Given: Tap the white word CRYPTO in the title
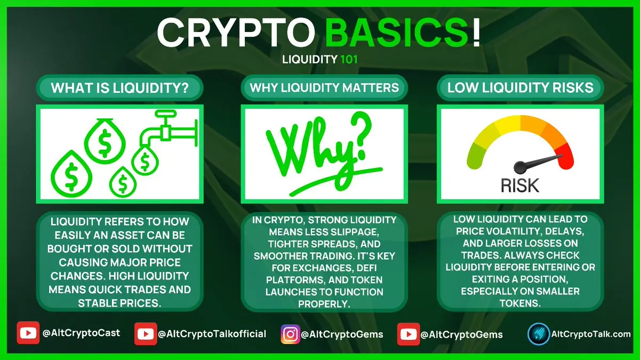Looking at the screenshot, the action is [236, 32].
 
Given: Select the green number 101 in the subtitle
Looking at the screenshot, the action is [349, 59].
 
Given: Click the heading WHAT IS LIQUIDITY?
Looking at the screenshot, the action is [119, 87].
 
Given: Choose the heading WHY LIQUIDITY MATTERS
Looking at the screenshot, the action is [324, 87].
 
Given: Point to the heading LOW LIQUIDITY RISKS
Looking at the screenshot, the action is [521, 87].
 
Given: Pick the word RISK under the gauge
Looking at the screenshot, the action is [520, 186].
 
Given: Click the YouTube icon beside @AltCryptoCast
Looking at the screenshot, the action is [28, 333].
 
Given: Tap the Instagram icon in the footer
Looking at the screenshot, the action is [290, 334].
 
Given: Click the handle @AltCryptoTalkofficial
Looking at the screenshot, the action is [212, 334].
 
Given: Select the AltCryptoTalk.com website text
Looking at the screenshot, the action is [590, 334].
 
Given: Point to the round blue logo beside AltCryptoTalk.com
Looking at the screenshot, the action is [539, 334].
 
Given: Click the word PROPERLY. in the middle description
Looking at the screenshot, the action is [324, 303].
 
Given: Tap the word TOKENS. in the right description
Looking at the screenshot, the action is [520, 303].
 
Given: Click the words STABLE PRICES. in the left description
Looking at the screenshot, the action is [119, 303].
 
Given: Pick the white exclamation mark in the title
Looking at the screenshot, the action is [475, 32].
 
